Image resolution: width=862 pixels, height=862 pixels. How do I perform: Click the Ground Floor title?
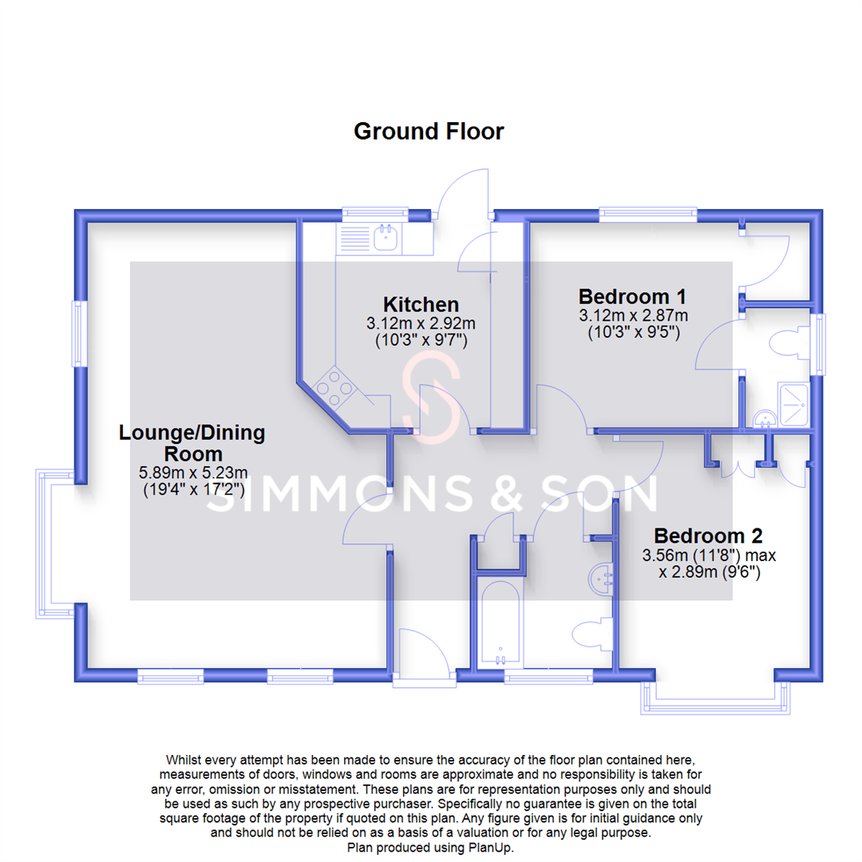point(429,131)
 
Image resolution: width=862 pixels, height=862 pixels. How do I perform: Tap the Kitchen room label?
point(421,304)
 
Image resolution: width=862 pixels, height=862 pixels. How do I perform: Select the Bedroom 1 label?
point(632,295)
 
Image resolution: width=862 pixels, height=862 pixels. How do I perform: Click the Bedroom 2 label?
point(708,535)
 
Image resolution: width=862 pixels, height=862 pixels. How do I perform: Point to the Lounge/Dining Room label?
point(192,444)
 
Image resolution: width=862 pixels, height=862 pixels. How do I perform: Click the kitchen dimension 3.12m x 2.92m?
point(421,324)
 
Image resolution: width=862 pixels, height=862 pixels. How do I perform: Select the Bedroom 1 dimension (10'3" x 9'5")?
point(632,333)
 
